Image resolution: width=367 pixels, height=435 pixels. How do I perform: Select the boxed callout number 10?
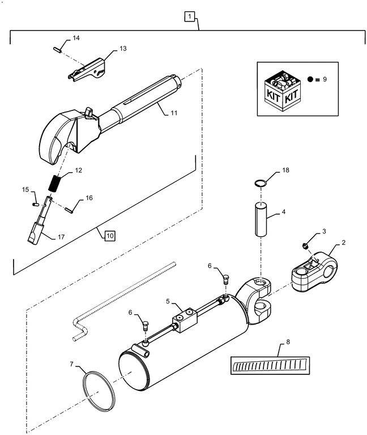click(108, 234)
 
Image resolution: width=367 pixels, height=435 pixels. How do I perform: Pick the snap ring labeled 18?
click(260, 182)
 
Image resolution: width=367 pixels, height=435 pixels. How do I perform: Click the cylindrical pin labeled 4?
click(260, 218)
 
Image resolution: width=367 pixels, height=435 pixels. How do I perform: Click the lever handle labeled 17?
click(37, 227)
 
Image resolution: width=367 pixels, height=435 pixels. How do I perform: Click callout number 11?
click(173, 113)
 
